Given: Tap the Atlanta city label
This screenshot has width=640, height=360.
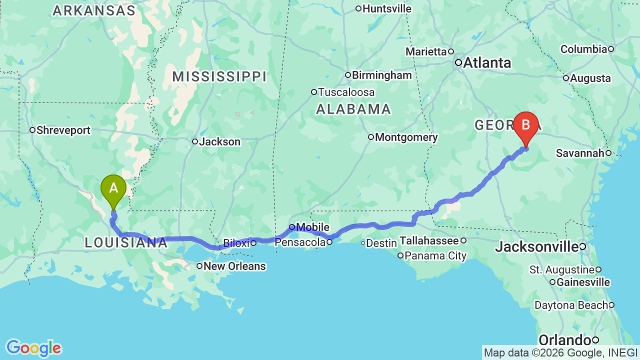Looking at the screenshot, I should tap(487, 63).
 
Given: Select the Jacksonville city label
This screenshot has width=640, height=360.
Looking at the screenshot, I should tap(537, 246).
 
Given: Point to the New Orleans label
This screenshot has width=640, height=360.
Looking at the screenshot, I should tap(234, 266).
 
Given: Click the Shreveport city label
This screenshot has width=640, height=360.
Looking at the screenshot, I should tap(63, 130).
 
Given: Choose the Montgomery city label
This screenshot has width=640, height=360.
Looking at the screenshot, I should tap(406, 137).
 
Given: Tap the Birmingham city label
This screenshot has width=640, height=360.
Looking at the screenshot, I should tap(381, 75).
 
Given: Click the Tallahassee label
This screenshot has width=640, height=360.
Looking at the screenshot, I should tap(428, 241).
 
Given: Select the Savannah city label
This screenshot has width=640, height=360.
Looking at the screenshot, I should tap(580, 153).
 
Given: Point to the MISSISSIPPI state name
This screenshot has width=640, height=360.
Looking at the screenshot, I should tap(219, 77).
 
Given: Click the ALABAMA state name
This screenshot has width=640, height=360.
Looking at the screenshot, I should tap(353, 109).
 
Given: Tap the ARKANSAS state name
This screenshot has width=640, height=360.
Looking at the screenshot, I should tap(94, 11).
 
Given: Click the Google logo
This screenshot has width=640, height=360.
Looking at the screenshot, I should tap(33, 348).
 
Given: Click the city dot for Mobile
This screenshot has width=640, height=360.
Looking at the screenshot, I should tap(292, 227).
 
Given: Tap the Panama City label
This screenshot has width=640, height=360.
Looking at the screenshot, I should tap(435, 256).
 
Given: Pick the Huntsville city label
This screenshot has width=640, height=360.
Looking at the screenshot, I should tap(386, 8).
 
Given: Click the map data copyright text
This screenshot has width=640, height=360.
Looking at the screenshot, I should tap(560, 352).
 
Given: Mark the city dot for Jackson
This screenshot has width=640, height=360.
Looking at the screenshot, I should tap(195, 141).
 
